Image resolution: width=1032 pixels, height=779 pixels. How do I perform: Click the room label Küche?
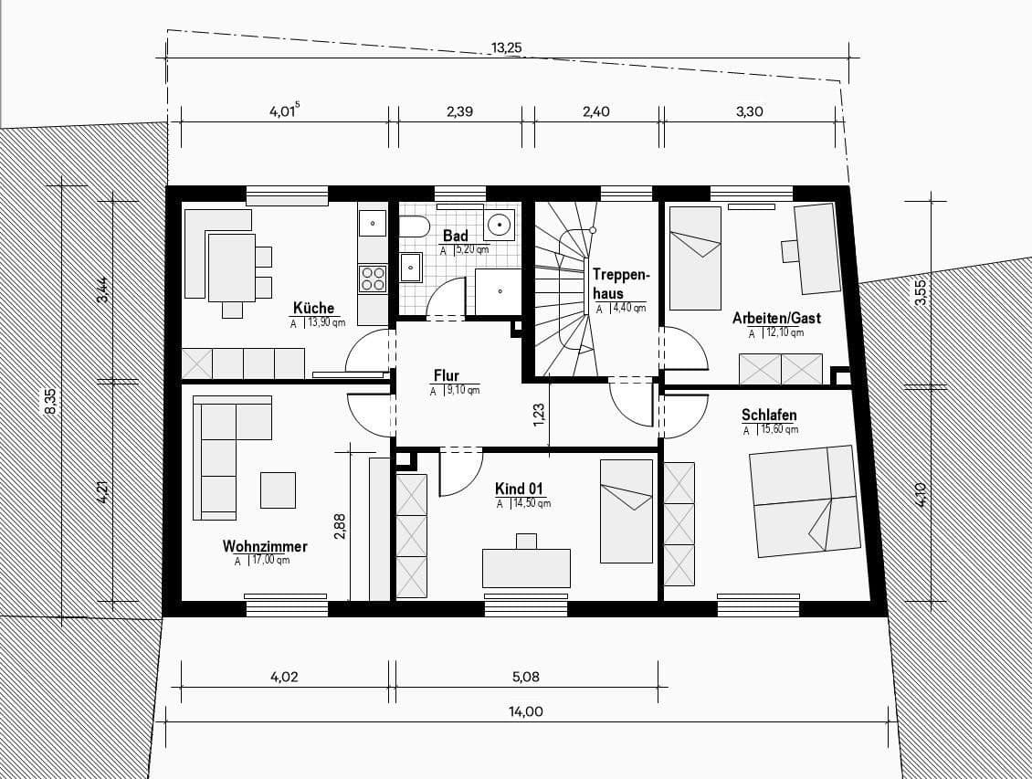coord(313,308)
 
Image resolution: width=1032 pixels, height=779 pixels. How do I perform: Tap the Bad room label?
coord(455,236)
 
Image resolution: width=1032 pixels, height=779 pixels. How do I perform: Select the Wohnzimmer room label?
coord(265,546)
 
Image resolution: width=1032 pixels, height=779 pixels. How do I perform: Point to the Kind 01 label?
coord(519,489)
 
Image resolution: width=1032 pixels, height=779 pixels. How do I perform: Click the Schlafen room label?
coord(769,416)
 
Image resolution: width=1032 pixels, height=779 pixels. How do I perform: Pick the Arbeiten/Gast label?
coord(776,318)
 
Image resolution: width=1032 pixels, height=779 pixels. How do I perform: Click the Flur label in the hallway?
coord(446,375)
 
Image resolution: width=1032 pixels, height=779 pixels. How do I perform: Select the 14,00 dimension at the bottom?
coord(527,712)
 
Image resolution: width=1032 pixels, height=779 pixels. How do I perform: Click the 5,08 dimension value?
coord(526,677)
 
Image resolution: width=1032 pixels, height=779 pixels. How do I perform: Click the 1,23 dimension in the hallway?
coord(540,416)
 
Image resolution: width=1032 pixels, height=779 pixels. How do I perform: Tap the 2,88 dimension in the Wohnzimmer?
coord(340,526)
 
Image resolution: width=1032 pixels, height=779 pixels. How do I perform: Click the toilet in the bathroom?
coord(415,227)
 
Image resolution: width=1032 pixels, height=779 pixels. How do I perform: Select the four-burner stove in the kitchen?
coord(373,278)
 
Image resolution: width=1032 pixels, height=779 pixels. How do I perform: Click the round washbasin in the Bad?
coord(500,223)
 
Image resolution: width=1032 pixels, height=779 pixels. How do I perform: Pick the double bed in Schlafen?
coord(805,500)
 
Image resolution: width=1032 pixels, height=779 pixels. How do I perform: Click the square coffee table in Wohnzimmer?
coord(278,490)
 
